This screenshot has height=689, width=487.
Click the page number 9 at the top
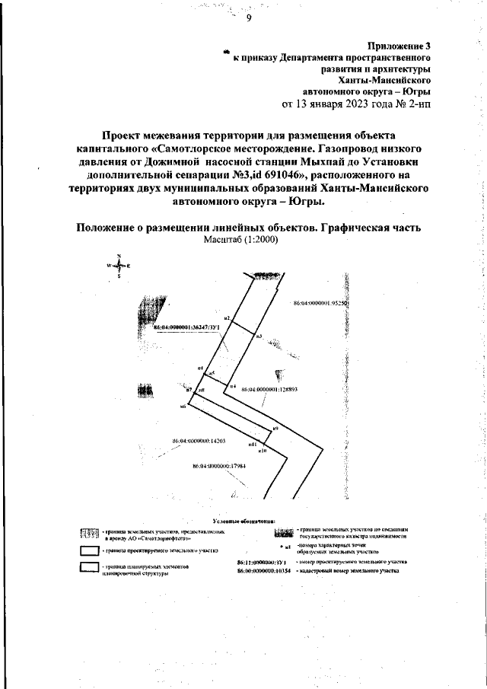pos(248,20)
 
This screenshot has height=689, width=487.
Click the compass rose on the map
pos(119,266)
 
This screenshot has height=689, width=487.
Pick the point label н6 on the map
pos(183,406)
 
